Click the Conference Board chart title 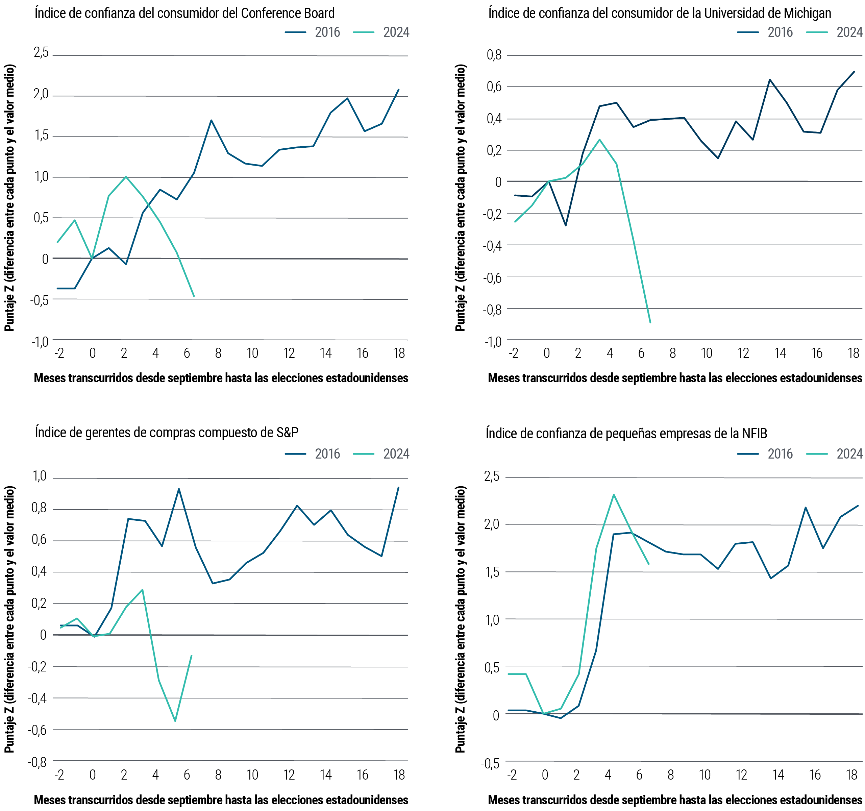click(184, 13)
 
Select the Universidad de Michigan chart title click(660, 13)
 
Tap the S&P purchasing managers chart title click(167, 433)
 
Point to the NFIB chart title click(626, 433)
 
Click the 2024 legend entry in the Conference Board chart click(381, 32)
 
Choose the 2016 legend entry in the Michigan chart click(765, 32)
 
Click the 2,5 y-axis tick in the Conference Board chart click(41, 53)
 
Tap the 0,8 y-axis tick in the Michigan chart click(494, 55)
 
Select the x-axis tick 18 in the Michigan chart click(853, 353)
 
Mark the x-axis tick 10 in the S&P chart click(252, 775)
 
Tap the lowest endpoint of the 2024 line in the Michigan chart click(650, 322)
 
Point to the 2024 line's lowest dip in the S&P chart click(175, 721)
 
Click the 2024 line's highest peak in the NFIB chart click(614, 495)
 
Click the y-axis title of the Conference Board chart click(9, 198)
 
